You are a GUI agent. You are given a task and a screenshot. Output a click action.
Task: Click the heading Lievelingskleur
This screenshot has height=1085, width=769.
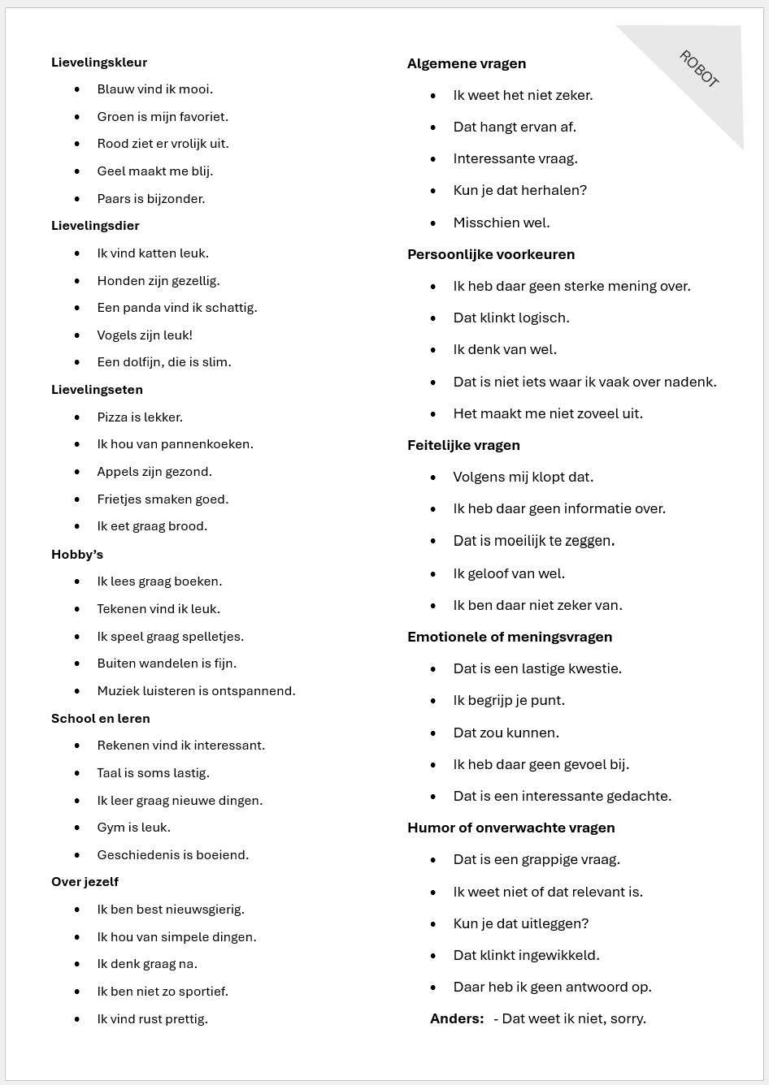[x=99, y=63]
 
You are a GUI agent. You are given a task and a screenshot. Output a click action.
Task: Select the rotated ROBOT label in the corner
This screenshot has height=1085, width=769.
[x=699, y=69]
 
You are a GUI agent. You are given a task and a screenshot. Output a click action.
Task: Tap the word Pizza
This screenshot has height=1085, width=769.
[x=112, y=417]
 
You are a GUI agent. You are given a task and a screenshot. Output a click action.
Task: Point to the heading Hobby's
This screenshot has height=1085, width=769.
[x=77, y=555]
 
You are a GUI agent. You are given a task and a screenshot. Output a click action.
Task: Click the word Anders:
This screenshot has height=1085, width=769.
[x=457, y=1019]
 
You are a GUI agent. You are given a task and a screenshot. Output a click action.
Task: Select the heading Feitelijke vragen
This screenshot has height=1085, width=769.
[x=463, y=445]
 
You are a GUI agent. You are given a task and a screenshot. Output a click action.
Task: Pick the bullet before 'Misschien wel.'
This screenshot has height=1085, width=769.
[x=434, y=223]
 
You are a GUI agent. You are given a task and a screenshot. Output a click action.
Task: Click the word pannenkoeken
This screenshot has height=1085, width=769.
[x=206, y=444]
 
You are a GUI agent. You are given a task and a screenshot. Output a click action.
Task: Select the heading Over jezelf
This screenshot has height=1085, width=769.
[x=85, y=882]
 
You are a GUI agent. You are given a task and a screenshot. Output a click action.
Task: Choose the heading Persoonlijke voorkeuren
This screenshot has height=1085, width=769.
[x=491, y=254]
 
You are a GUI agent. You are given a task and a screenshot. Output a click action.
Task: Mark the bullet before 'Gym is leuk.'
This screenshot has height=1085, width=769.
[x=78, y=828]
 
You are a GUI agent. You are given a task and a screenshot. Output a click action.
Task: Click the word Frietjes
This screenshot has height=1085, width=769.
[x=119, y=499]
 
